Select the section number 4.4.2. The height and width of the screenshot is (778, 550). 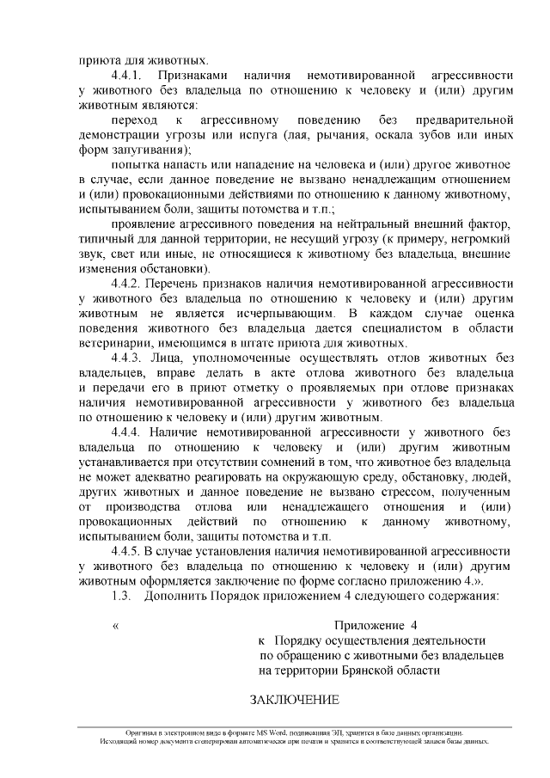(x=127, y=283)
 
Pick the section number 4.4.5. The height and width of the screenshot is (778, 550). (x=127, y=552)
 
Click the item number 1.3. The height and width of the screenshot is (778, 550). (x=121, y=597)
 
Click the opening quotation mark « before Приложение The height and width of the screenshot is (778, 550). (x=115, y=626)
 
